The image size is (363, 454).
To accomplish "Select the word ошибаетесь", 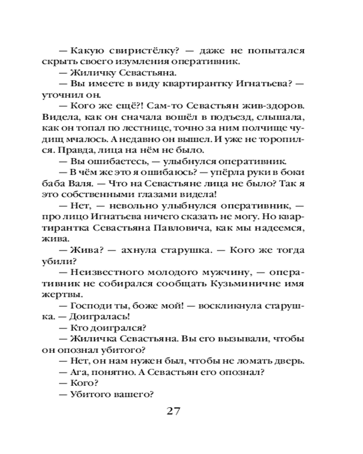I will point(120,161).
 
